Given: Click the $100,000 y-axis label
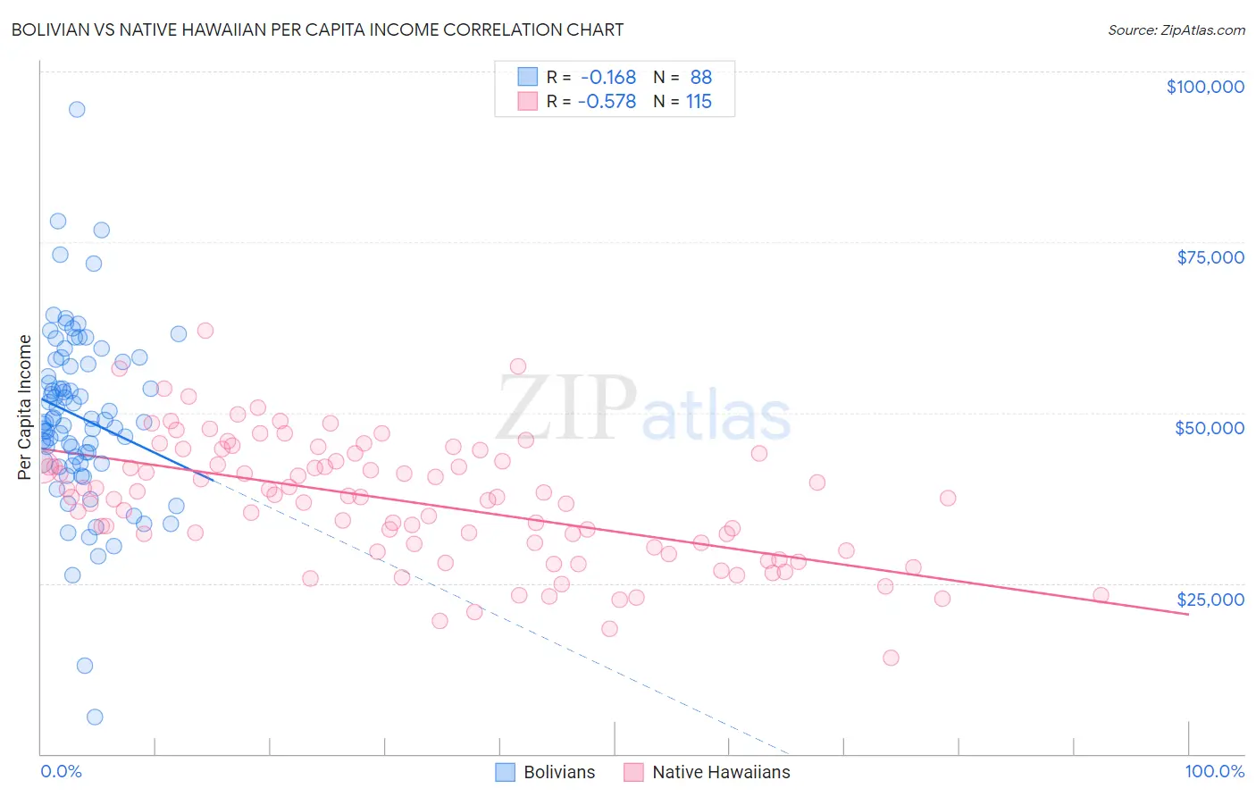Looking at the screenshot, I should coord(1205,87).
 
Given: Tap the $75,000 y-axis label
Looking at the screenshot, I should coord(1210,257).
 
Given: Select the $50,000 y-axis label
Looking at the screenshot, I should coord(1210,428).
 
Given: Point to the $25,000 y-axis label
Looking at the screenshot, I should coord(1210,599).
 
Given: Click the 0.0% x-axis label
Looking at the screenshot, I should coord(61,771).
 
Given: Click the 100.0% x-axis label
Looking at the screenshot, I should coord(1214,771).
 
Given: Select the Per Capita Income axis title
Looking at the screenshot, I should coord(24,407).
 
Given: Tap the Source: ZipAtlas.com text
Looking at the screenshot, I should coord(1176,29).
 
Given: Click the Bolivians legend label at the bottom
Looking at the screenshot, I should coord(559,772).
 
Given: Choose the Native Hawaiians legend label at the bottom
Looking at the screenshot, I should coord(721,772).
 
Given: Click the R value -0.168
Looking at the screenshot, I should coord(607,77).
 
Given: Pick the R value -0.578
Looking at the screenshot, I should coord(607,101).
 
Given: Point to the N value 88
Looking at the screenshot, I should coord(700,77).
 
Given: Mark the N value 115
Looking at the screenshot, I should coord(699,101).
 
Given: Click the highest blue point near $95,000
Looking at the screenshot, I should coord(77,109).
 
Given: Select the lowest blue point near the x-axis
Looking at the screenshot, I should coord(95,717).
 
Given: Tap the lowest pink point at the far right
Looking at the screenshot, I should coord(891,658).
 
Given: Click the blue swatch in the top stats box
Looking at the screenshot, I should coord(528,77).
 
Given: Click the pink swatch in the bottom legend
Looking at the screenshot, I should coord(633,772).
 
